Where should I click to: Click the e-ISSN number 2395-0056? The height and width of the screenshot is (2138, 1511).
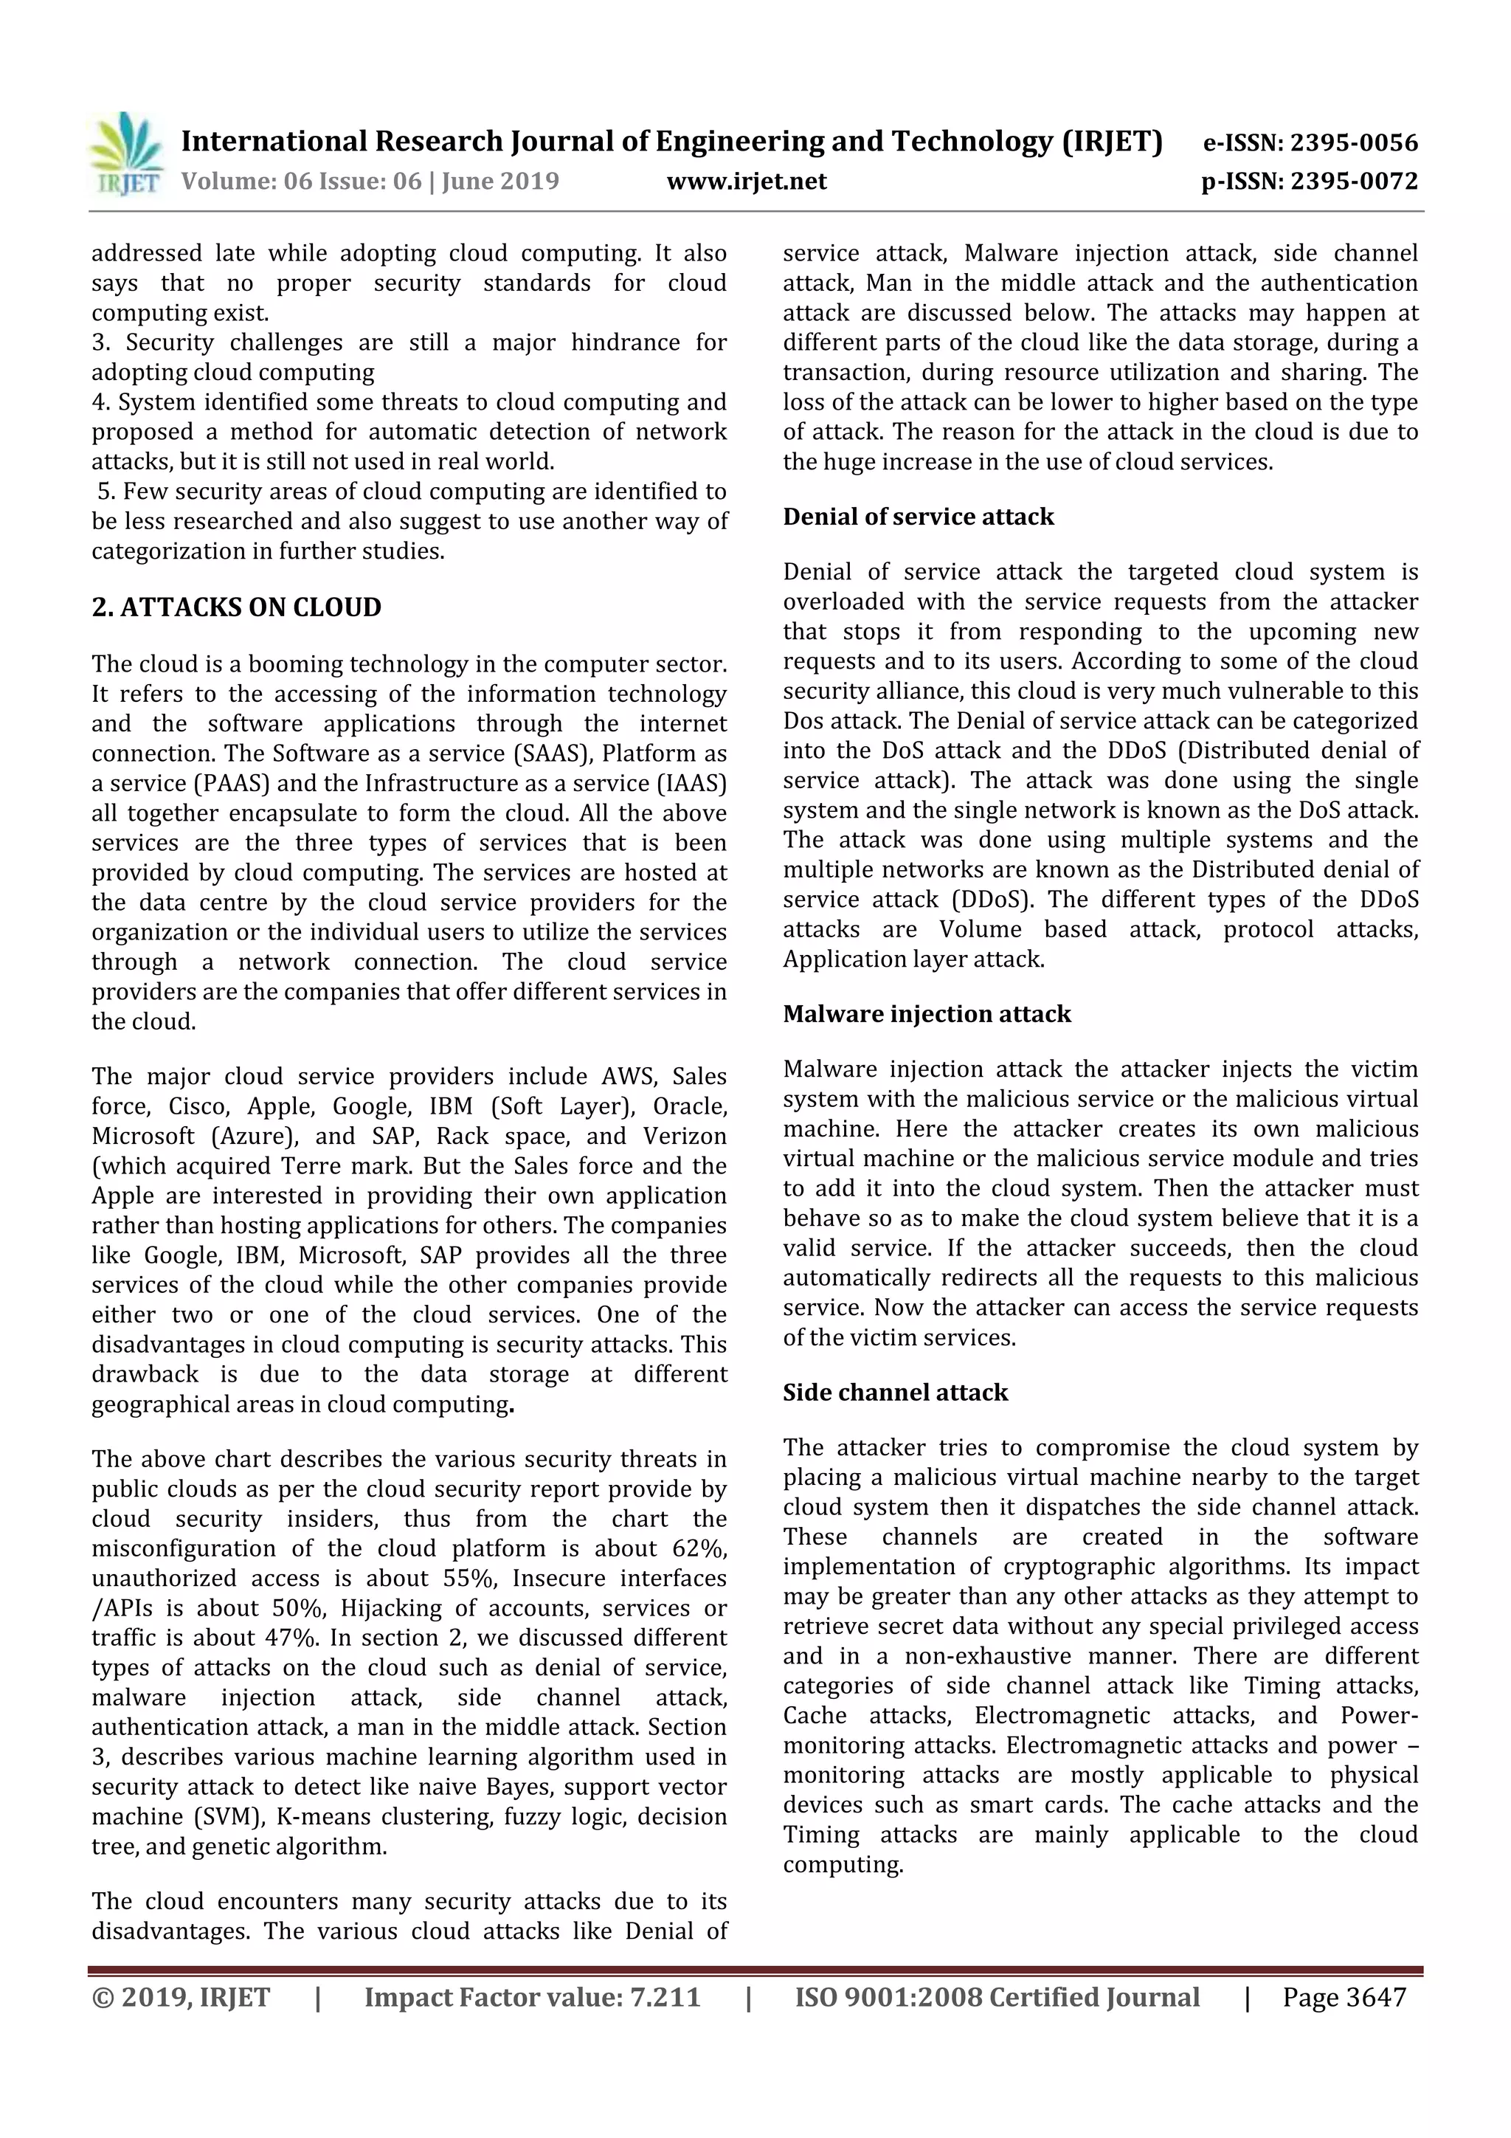click(1354, 142)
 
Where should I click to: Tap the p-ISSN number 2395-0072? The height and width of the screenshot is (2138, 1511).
click(1354, 181)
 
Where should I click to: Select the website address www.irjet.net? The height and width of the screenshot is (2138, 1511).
click(746, 181)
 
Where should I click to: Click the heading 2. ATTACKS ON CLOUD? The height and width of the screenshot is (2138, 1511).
click(237, 607)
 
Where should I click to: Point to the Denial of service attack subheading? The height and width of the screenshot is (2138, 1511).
click(918, 517)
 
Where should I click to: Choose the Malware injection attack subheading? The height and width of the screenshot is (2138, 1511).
click(927, 1014)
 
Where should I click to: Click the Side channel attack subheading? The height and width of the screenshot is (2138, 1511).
click(895, 1392)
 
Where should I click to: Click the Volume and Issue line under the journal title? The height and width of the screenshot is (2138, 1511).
click(370, 181)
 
